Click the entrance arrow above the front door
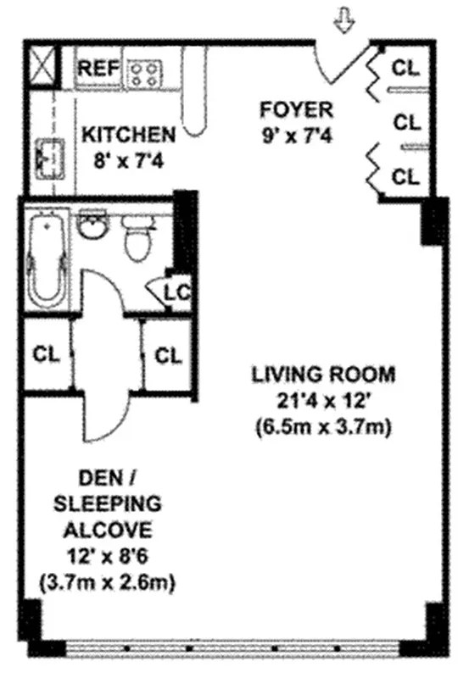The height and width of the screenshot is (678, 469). [343, 23]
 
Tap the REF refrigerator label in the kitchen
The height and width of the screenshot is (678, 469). [98, 69]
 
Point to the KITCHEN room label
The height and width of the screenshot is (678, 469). [128, 134]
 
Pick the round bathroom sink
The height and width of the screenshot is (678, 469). [90, 226]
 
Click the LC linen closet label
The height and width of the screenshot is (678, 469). [176, 292]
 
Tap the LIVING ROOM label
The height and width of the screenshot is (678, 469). [322, 374]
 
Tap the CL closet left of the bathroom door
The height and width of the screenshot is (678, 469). [46, 355]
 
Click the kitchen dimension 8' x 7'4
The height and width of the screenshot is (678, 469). [128, 157]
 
